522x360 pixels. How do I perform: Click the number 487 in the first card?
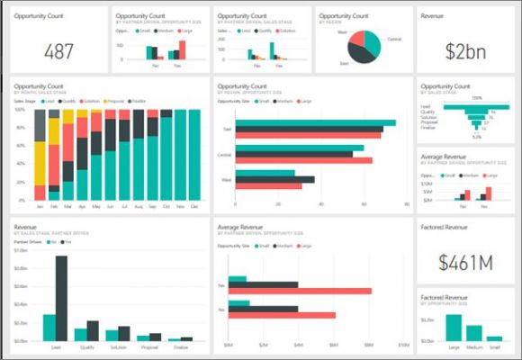(58, 51)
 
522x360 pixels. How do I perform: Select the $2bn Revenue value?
(465, 51)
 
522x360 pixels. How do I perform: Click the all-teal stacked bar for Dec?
(194, 153)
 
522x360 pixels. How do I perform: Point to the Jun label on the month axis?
(111, 206)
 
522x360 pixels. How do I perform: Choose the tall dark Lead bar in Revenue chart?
(62, 298)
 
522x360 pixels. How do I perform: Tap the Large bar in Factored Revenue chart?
(454, 328)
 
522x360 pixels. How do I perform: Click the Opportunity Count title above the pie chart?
(343, 15)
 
